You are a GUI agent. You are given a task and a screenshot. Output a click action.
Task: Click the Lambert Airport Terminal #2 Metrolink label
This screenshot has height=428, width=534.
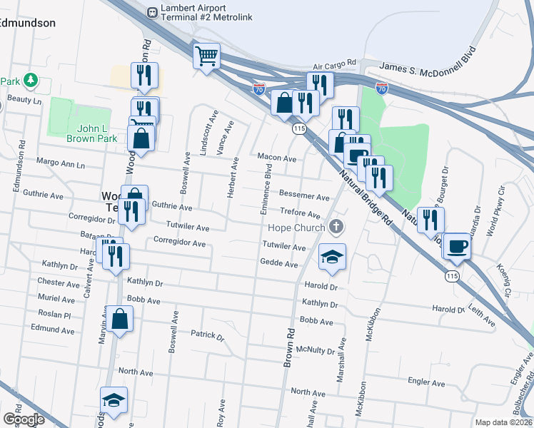[x=205, y=12]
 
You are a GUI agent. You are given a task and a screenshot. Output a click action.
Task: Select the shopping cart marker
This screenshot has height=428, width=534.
[x=206, y=56]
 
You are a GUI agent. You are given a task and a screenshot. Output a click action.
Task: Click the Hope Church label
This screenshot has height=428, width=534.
[x=296, y=228]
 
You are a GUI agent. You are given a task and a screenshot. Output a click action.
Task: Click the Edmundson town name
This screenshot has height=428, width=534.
[x=27, y=23]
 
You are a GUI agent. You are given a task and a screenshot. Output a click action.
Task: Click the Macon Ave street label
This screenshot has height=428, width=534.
[x=277, y=158]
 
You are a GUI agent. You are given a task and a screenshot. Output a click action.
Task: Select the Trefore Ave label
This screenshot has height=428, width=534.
[x=300, y=213]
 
